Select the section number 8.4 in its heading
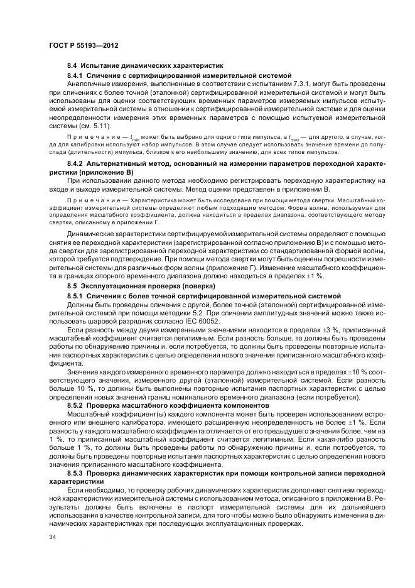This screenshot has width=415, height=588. click(x=72, y=65)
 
